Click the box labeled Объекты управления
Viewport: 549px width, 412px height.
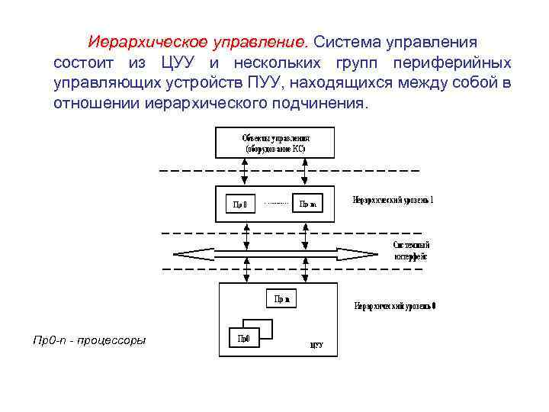[x=275, y=143]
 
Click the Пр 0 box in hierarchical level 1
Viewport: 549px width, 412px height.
[x=240, y=204]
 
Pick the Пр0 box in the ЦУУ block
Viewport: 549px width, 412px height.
[x=244, y=338]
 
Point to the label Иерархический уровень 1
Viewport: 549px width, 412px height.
[x=393, y=200]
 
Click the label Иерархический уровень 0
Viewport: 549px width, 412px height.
[x=395, y=307]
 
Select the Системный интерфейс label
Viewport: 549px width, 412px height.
[x=411, y=251]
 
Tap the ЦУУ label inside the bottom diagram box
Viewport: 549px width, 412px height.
[x=316, y=345]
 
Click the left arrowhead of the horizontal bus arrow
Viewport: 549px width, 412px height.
[x=180, y=254]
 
